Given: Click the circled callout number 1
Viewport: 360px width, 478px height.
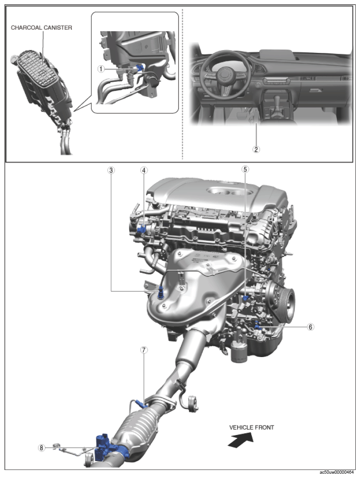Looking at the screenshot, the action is coord(100,69).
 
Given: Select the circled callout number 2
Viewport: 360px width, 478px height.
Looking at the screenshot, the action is coord(256,149).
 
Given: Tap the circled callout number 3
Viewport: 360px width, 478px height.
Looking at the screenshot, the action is coord(111,170).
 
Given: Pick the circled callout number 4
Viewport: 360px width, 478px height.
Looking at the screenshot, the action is coord(144,170).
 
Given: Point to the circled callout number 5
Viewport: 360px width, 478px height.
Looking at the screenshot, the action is coord(245,169).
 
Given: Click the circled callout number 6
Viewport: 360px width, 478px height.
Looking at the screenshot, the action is coord(310,327).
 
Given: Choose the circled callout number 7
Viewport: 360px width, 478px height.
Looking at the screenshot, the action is coord(144,350).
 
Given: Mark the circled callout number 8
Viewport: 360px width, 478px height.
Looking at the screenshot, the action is coord(42,448).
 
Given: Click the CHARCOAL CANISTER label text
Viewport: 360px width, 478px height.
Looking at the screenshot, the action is coord(42,28).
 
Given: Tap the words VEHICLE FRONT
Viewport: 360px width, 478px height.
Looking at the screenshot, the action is coord(251,427).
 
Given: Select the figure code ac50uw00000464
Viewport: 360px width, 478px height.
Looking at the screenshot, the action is coord(337,472).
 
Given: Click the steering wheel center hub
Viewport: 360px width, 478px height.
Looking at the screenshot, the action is coord(224,75).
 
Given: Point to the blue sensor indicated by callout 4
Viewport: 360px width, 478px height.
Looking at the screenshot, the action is coord(142,229).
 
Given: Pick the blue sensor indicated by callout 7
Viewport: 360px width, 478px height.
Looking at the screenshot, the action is coord(141,404).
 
